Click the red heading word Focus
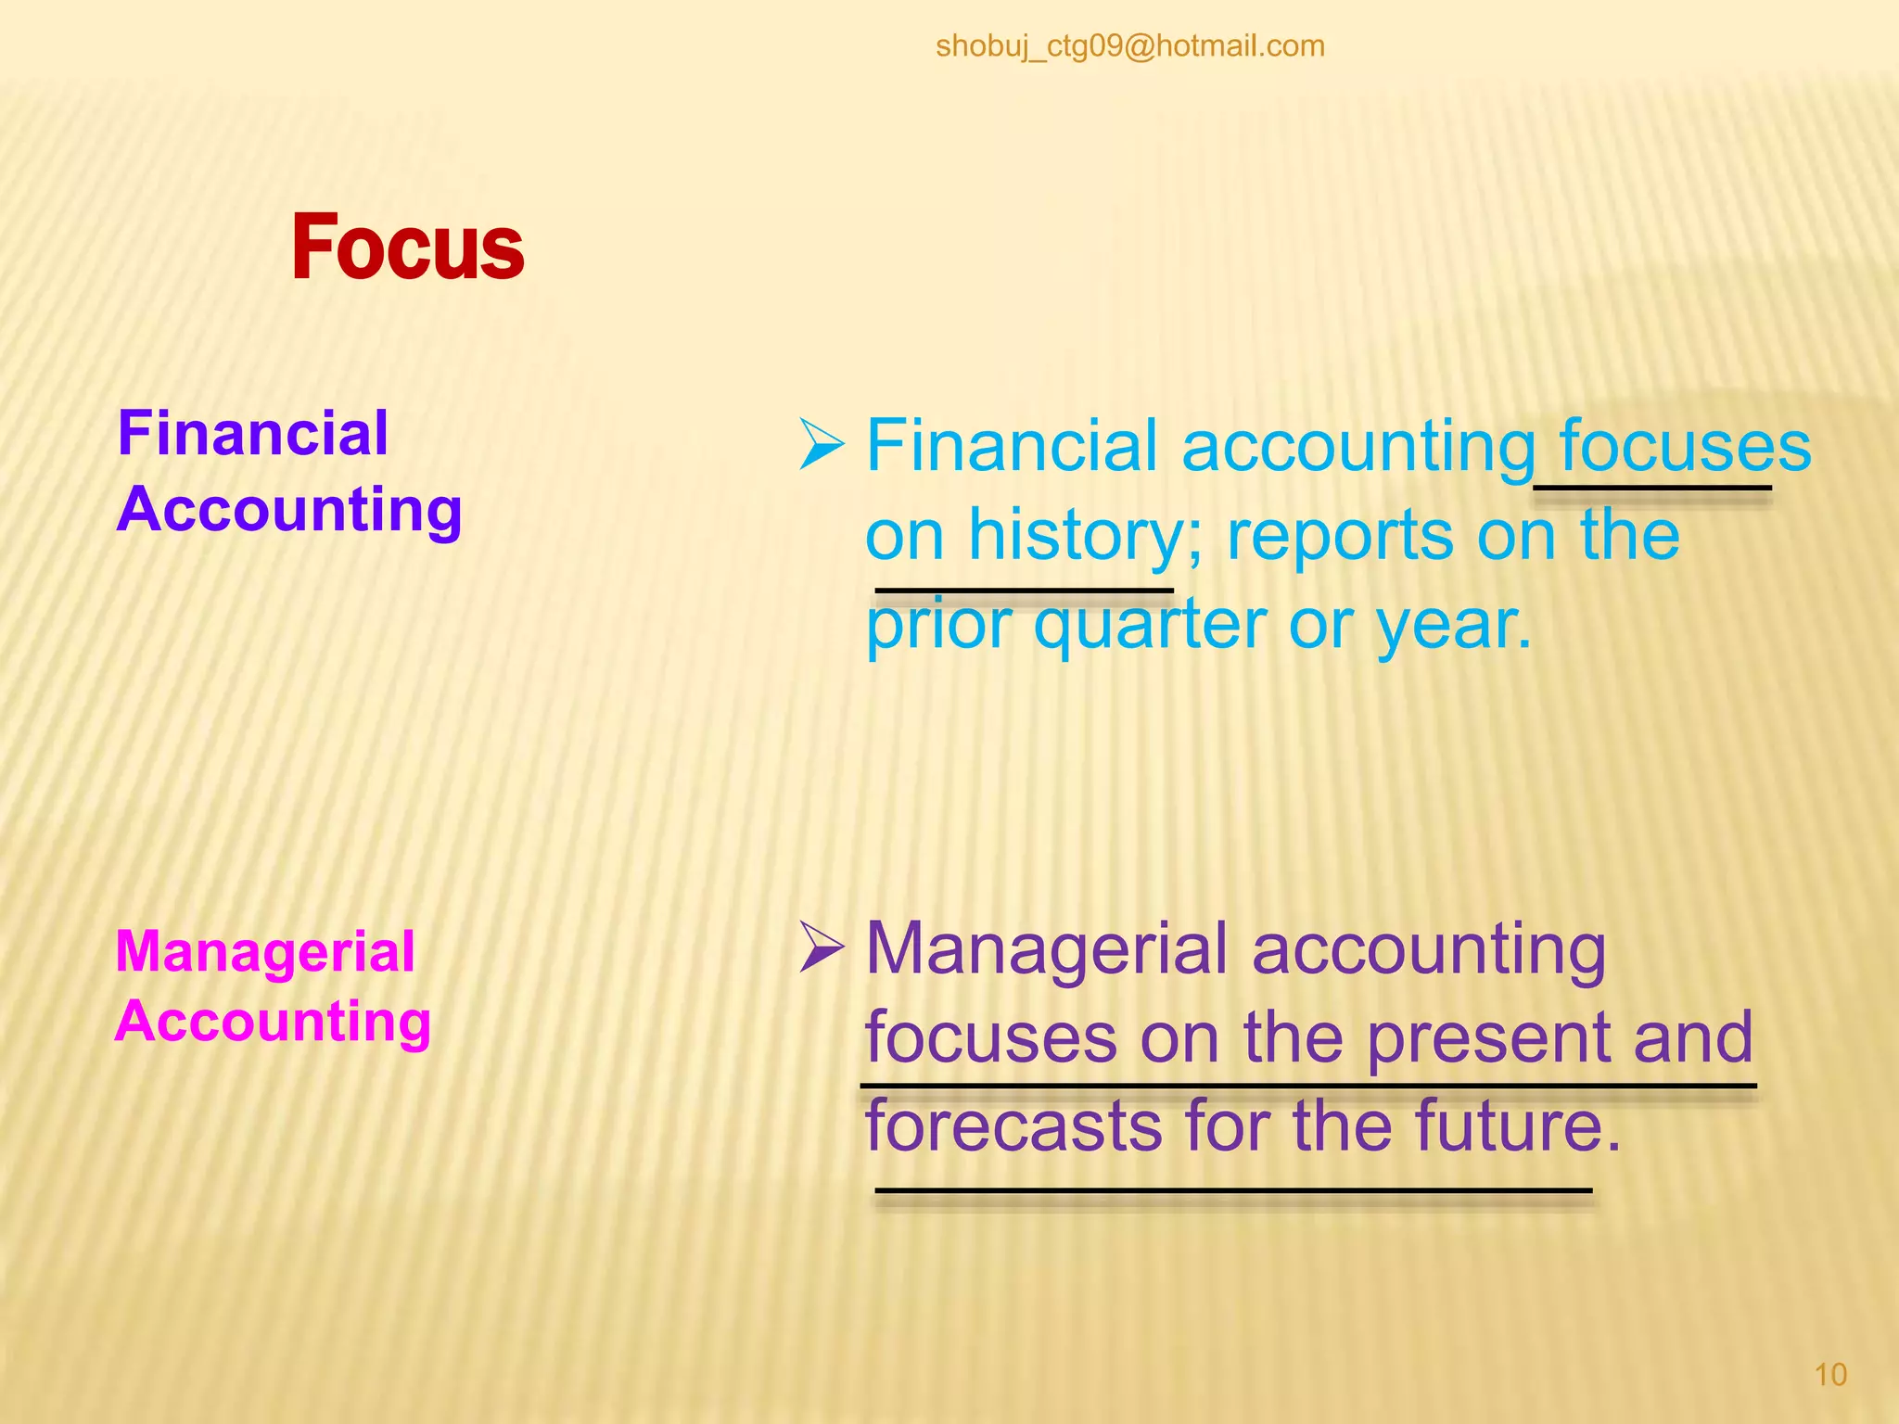coord(408,248)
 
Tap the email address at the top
coord(1129,45)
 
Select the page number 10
coord(1829,1374)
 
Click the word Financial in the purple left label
coord(252,434)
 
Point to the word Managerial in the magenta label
coord(265,952)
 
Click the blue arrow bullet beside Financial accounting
coord(822,445)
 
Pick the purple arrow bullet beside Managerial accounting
coord(822,948)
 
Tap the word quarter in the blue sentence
coord(1149,624)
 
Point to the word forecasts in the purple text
coord(1013,1125)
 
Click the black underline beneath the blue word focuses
coord(1651,488)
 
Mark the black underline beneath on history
coord(1024,590)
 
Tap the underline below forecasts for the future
coord(1233,1190)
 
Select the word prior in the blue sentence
coord(937,626)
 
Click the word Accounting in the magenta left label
coord(274,1022)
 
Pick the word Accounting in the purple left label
coord(289,510)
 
